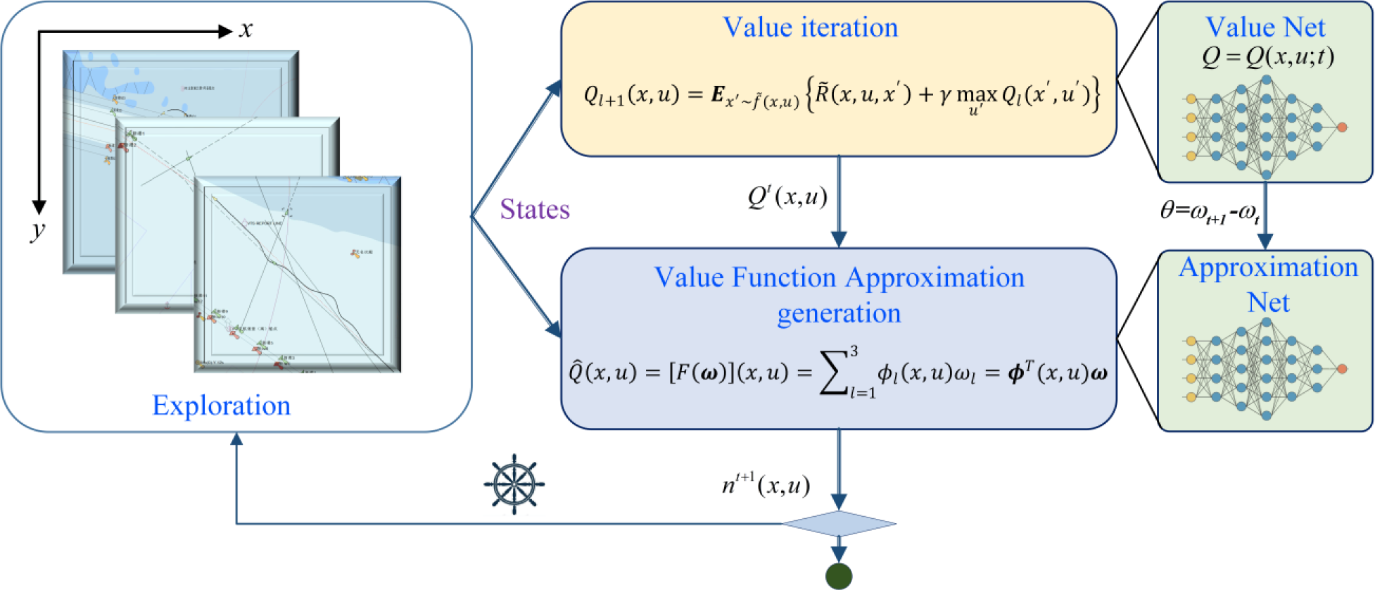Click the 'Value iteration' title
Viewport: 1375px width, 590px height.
811,27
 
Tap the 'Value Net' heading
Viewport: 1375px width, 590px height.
1265,27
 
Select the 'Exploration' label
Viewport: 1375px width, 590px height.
221,406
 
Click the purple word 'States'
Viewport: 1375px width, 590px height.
535,209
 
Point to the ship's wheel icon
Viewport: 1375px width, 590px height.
514,484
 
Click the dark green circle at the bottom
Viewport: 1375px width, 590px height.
839,576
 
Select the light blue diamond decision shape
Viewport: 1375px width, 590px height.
839,524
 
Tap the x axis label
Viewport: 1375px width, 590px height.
246,30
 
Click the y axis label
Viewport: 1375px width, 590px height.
38,230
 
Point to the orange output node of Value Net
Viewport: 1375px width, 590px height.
1342,127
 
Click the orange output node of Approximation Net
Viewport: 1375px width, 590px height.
1342,369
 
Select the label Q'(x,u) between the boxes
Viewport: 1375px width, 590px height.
787,197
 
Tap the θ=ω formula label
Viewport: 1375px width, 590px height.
1209,211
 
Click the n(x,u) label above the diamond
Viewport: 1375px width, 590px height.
766,485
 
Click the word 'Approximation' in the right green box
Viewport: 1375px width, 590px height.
1268,268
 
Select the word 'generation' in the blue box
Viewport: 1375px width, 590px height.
839,313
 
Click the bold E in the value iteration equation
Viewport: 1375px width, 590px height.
718,94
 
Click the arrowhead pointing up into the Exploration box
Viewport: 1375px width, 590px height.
237,439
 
